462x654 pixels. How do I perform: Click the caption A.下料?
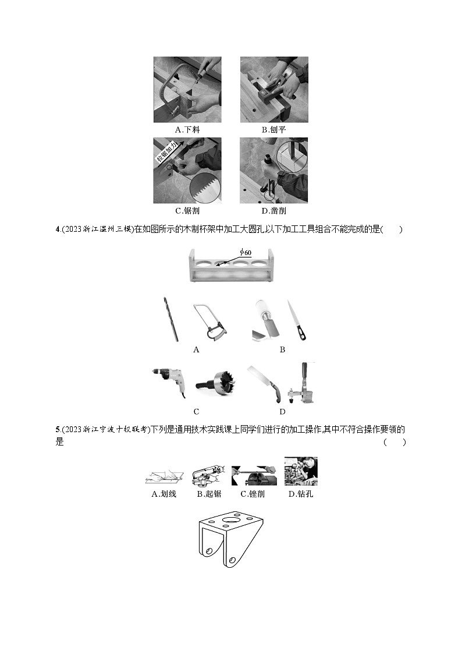187,129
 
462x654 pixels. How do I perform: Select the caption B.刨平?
273,129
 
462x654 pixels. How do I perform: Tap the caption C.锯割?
187,211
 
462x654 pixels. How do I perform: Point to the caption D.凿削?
273,211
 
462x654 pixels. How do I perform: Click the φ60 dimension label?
247,253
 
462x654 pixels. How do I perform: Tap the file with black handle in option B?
296,321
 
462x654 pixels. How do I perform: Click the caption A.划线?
163,494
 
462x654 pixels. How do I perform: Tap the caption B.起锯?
208,494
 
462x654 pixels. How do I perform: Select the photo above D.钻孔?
301,471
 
